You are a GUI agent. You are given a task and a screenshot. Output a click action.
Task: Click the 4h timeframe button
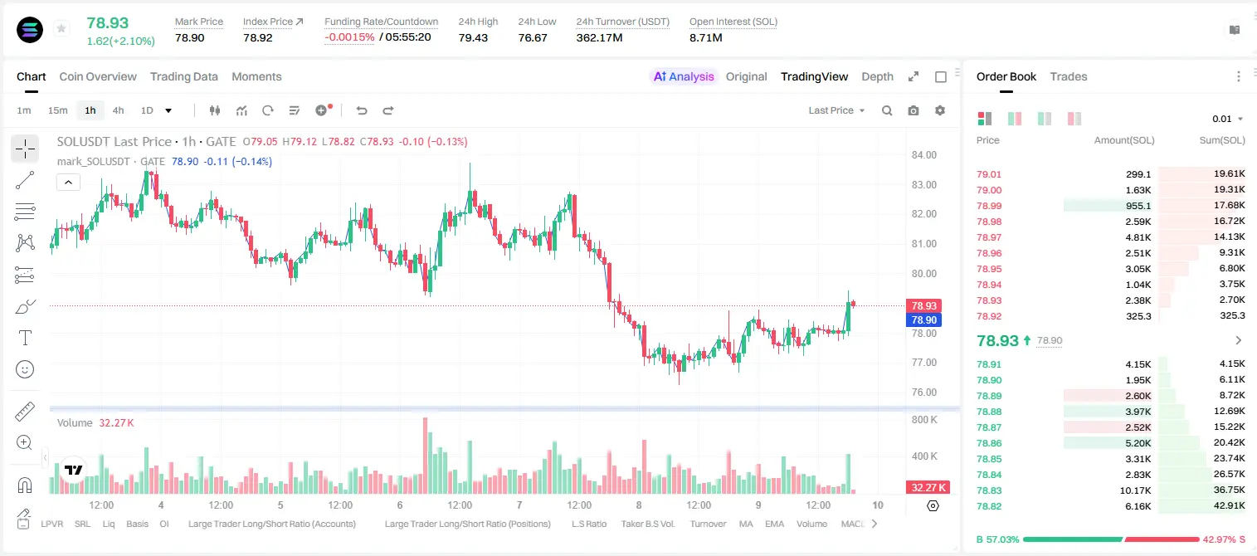tap(118, 110)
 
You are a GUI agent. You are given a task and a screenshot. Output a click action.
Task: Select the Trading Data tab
tap(183, 77)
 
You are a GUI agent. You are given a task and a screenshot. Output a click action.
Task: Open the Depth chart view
tap(877, 77)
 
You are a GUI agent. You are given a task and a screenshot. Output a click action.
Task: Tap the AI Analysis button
tap(684, 77)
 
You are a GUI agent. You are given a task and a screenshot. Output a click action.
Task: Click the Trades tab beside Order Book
tap(1069, 77)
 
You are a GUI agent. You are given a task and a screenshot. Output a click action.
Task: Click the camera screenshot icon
tap(914, 110)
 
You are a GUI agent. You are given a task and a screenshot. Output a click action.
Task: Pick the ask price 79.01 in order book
tap(989, 174)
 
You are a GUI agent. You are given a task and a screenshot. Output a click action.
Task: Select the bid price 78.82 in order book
tap(989, 506)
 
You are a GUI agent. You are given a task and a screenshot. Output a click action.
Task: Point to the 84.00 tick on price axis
tap(923, 155)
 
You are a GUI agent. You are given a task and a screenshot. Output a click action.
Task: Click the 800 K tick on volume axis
tap(924, 420)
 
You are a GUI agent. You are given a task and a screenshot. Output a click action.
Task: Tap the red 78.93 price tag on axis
tap(923, 305)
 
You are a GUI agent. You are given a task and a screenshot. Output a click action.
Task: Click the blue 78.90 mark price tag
tap(923, 319)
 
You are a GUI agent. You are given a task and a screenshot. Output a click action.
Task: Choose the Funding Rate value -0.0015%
tap(349, 37)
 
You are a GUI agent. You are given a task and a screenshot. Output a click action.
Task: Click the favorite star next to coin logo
tap(61, 28)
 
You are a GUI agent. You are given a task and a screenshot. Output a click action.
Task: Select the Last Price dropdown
tap(836, 110)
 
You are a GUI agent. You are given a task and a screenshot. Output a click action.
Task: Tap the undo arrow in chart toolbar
tap(362, 110)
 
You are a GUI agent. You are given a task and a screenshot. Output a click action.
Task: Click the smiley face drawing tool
tap(25, 369)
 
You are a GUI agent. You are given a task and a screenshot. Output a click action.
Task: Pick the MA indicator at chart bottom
tap(746, 524)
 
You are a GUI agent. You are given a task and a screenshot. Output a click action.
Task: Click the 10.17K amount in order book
tap(1135, 490)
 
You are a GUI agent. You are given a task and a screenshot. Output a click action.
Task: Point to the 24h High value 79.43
tap(473, 37)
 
